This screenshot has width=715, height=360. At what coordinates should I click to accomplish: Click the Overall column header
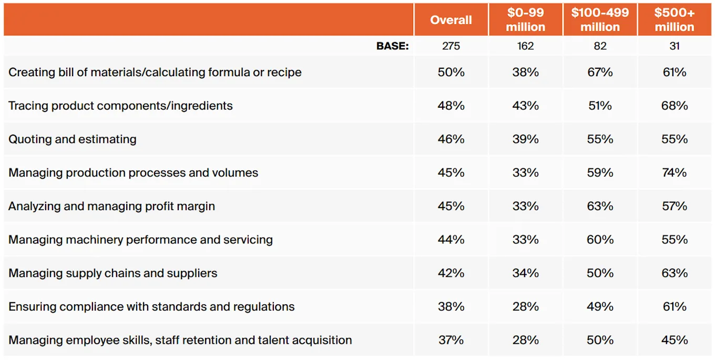point(451,20)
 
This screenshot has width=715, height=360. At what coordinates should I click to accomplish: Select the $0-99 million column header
point(525,20)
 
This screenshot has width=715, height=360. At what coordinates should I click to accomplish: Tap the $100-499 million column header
point(600,20)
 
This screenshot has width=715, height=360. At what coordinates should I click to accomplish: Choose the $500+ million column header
point(675,20)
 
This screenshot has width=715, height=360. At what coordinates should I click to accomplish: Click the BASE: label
point(392,46)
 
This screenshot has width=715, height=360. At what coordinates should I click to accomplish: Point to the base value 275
point(451,46)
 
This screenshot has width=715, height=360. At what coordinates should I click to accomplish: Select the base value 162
point(525,46)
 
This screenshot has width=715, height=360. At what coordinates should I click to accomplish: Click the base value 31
point(675,46)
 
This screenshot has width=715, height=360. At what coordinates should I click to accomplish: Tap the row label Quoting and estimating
point(73,139)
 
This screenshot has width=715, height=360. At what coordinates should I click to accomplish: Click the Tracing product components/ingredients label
point(121,106)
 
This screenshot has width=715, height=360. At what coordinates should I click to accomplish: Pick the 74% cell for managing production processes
point(675,173)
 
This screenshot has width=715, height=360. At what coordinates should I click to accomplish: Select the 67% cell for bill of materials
point(600,72)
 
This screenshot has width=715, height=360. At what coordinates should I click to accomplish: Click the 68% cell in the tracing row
point(675,106)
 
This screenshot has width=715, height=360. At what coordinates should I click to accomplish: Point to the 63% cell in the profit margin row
point(600,206)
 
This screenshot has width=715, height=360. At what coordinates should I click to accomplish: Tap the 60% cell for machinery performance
point(600,240)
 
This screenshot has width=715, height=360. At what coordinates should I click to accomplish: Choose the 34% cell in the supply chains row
point(525,273)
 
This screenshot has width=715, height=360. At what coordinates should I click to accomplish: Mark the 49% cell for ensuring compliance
point(600,307)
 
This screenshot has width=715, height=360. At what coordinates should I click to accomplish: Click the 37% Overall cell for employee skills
point(451,340)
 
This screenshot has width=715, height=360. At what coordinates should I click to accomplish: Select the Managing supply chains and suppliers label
point(113,273)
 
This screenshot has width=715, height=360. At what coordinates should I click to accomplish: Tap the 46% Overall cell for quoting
point(451,139)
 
